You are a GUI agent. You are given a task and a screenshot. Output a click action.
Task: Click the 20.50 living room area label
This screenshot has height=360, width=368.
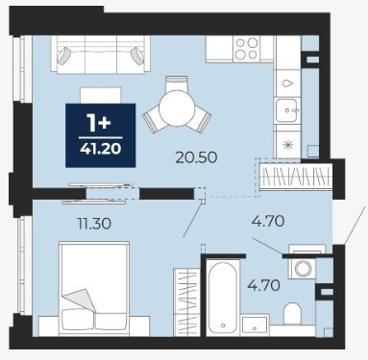click(196, 157)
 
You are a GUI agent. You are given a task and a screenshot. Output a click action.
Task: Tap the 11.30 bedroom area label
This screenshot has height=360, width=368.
click(94, 224)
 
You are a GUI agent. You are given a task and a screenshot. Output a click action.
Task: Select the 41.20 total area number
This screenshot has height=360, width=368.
click(101, 149)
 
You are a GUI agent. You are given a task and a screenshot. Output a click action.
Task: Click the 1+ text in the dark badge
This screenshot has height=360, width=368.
click(100, 123)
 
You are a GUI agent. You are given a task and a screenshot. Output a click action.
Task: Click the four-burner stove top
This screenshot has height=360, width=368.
click(246, 48)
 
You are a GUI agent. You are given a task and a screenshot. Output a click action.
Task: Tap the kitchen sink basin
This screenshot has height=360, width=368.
click(287, 110)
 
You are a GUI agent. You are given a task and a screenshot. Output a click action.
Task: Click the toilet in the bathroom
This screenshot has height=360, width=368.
click(292, 314)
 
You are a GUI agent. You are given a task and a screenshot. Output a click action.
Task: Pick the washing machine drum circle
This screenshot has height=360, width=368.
click(302, 269)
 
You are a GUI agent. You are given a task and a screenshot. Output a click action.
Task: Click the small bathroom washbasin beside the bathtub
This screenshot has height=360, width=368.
click(255, 325)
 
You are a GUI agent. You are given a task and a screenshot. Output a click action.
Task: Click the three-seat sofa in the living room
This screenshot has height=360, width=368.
click(101, 55)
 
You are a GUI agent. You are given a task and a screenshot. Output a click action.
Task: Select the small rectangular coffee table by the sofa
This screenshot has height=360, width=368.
click(101, 95)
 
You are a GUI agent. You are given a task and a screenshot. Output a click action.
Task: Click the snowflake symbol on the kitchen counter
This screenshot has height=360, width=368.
click(288, 145)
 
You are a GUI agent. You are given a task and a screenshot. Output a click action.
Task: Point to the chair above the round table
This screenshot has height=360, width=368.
click(177, 84)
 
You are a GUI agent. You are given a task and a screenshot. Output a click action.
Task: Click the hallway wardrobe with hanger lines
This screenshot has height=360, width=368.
click(296, 177)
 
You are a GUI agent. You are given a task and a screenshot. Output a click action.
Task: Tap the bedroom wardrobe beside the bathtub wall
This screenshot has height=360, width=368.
click(186, 302)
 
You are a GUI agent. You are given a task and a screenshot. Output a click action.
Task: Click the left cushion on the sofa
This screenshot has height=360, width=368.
click(63, 57)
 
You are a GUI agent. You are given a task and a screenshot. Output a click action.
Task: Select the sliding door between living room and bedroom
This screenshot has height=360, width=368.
click(99, 194)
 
